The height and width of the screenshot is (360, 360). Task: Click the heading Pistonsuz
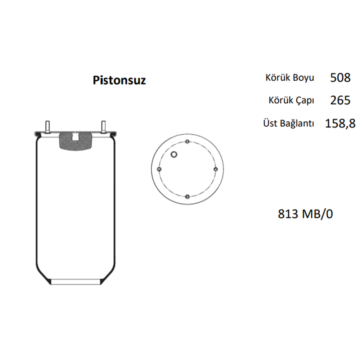[x=119, y=81]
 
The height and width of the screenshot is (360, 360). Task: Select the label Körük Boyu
[x=290, y=78]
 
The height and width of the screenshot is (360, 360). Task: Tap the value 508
[x=340, y=78]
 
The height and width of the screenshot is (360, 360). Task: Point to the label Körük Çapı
[x=291, y=100]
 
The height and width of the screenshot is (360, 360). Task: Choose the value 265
[x=340, y=100]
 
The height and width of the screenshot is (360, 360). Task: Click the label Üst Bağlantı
[x=289, y=123]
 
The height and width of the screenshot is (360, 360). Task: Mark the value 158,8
[x=340, y=123]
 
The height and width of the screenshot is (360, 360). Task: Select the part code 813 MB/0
[x=305, y=214]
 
